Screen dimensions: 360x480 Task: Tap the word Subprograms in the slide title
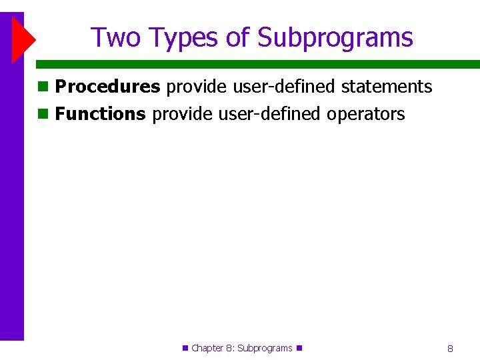335,38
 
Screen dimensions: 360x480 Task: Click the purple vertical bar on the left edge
11,200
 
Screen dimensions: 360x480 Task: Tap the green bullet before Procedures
43,87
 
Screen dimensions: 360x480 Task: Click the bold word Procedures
107,87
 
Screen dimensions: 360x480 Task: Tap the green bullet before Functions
43,114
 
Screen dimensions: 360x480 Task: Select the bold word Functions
100,114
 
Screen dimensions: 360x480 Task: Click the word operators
365,114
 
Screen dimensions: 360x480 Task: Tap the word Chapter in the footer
207,348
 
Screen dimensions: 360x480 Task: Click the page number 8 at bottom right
450,349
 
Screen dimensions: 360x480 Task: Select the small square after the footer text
299,347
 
